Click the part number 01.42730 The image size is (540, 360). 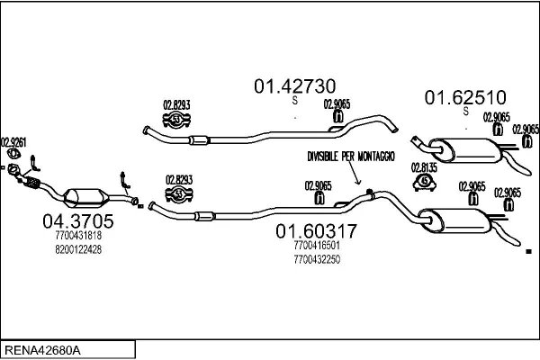coord(294,86)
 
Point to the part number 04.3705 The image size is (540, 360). coord(78,220)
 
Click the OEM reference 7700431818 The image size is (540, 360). coord(78,236)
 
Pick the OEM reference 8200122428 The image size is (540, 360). coord(78,249)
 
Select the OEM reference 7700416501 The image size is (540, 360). coord(316,245)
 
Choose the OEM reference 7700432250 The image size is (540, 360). coord(316,259)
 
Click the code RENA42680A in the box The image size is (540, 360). coord(43,349)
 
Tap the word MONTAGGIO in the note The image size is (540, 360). coord(374,156)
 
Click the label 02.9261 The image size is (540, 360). coord(13,141)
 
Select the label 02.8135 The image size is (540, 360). coord(424,166)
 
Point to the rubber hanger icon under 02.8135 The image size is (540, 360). coord(424,184)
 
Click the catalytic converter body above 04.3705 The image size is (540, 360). coord(85,197)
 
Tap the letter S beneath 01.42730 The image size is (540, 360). coord(294,101)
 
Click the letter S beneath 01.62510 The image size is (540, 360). coord(465,112)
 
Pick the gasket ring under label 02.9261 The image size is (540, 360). coord(13,167)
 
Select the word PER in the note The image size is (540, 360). coord(346,156)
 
